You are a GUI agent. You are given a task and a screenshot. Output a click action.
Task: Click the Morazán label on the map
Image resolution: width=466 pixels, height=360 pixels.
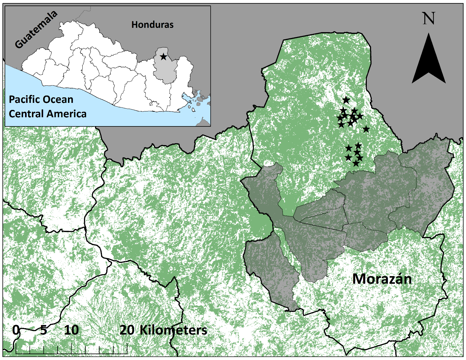pos(382,279)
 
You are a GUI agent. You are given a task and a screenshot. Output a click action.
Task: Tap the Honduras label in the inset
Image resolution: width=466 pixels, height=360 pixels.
pos(152,24)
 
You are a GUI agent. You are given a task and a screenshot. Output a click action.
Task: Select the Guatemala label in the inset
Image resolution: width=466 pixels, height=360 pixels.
pos(36,30)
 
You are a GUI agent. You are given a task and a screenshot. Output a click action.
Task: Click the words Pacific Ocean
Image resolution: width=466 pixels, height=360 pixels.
pos(41,99)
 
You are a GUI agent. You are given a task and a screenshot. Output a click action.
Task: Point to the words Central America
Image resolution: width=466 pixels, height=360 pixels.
pos(47,114)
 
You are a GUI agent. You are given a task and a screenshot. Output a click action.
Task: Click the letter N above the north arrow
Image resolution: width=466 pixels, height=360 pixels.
pos(429,19)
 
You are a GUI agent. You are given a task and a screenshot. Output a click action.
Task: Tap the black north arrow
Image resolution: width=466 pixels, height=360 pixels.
pos(429,61)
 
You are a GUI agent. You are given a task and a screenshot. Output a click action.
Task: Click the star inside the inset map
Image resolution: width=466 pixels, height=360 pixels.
pos(163,57)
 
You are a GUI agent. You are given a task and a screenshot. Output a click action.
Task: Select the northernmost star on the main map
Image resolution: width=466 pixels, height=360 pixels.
pos(346,100)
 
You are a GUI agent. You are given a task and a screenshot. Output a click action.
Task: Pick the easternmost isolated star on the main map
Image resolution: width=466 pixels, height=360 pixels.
pos(366,129)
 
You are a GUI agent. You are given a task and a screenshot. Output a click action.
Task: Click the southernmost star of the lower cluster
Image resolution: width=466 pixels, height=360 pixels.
pos(355,163)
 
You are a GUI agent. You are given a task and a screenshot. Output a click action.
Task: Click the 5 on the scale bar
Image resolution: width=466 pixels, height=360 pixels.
pos(43,330)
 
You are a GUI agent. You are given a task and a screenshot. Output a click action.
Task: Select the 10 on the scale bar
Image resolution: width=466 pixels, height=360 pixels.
pos(71,330)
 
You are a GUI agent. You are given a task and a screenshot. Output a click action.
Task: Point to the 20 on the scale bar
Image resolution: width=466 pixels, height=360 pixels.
pos(127,330)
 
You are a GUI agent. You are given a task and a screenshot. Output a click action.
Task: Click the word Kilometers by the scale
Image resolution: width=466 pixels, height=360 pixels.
pos(173,330)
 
